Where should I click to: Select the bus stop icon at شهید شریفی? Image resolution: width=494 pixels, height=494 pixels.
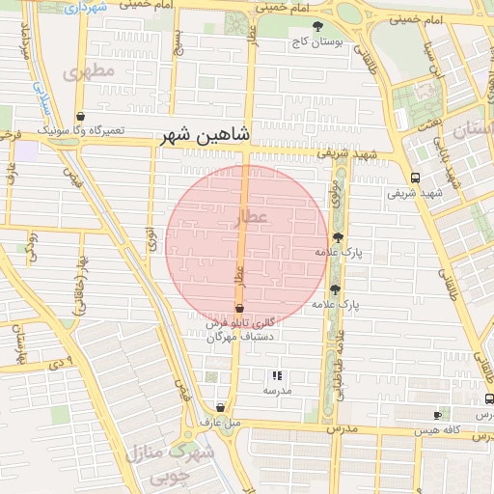(x=415, y=178)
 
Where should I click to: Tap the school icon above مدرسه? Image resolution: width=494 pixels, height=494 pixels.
(x=277, y=374)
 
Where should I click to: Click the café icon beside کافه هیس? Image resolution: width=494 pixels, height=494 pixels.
(x=438, y=415)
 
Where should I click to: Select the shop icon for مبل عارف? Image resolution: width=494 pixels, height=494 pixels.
(x=221, y=407)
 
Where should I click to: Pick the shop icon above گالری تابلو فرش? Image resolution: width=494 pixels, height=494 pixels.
(x=239, y=309)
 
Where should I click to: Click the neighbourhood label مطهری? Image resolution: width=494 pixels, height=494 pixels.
(x=90, y=72)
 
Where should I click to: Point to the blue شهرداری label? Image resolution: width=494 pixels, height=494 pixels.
(x=87, y=7)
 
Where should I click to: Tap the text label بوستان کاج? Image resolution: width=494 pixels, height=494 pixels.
(x=318, y=43)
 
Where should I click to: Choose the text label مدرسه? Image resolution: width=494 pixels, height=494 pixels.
(x=277, y=391)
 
